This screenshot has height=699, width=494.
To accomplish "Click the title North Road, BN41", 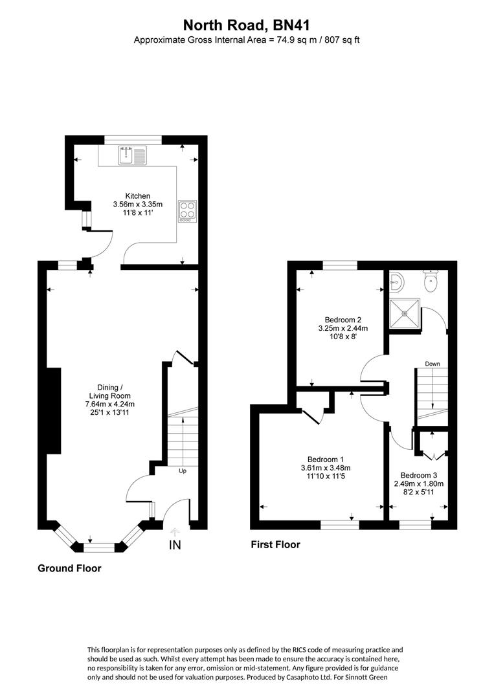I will pos(246,25).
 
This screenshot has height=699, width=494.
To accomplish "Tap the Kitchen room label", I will pos(137,195).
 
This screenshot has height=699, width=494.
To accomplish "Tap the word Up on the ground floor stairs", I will pos(183,471).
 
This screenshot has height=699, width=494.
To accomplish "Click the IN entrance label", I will pos(175,545).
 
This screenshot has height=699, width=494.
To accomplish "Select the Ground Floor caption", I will pos(69,568).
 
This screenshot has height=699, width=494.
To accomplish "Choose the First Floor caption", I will pos(275,545).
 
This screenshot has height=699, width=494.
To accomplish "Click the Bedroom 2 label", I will pos(342,320).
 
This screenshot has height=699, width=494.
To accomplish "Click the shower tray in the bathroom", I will pos(406,313).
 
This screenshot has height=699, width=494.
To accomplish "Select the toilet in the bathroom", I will pos(431,280).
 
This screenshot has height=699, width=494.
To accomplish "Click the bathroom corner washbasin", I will pos(397,282).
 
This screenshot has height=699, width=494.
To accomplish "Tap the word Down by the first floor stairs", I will pos(432,364).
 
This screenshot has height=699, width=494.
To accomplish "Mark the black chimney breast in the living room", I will pos(52,411).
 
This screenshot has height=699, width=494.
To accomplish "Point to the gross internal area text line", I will pos(246,40).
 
